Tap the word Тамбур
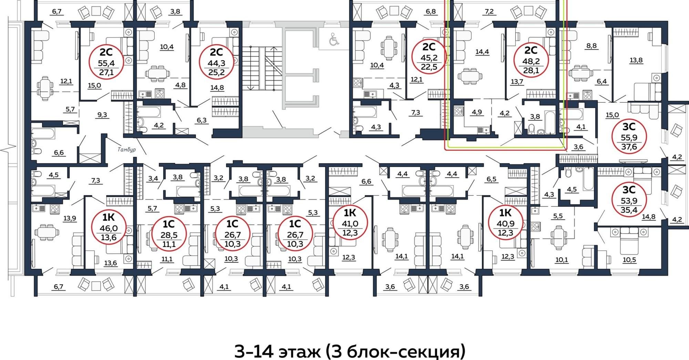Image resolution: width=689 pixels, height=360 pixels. (x=126, y=150)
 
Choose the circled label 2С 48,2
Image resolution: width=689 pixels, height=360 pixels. (x=531, y=61)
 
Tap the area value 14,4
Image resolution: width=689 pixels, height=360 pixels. (x=482, y=52)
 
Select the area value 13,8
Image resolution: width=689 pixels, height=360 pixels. (x=636, y=60)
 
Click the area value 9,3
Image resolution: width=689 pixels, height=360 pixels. (x=102, y=115)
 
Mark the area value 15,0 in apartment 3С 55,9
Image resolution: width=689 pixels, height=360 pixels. (x=612, y=115)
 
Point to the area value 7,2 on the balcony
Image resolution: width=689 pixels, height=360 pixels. (x=489, y=11)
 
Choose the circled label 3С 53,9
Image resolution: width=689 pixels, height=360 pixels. (x=629, y=200)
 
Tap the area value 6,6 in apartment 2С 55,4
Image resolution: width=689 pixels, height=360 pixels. (x=59, y=152)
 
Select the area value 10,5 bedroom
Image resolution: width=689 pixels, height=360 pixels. (x=629, y=260)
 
